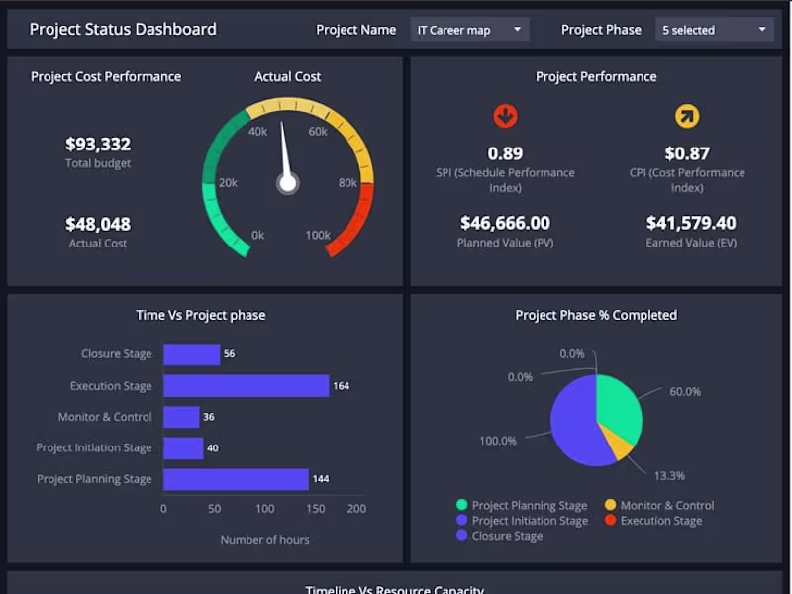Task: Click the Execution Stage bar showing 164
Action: [x=246, y=385]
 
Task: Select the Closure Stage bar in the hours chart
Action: [x=191, y=354]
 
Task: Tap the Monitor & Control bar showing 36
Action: [x=181, y=417]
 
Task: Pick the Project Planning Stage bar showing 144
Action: [x=236, y=479]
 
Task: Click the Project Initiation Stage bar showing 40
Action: [x=183, y=447]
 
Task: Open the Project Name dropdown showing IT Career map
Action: [x=469, y=30]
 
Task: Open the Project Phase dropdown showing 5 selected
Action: [x=714, y=30]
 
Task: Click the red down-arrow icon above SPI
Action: [x=505, y=117]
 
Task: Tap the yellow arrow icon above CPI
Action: [x=687, y=117]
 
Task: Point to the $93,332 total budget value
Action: [x=98, y=145]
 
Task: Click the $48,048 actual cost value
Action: [x=98, y=224]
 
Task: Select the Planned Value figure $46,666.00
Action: [x=505, y=223]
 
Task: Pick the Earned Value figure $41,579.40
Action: [x=691, y=223]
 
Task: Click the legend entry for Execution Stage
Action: [x=660, y=521]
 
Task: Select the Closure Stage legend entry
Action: [x=507, y=536]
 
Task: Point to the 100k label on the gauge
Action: [x=318, y=236]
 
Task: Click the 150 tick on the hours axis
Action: [x=316, y=509]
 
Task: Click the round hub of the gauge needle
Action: [x=288, y=183]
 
